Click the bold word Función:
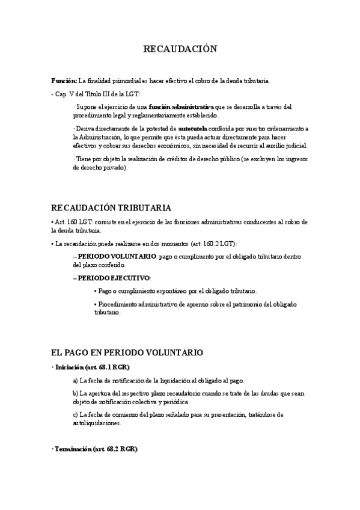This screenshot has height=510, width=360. [x=64, y=81]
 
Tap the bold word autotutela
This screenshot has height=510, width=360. [x=193, y=129]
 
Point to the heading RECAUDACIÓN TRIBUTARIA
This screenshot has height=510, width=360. [x=111, y=208]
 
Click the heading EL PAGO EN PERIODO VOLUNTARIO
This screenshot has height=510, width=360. [x=127, y=352]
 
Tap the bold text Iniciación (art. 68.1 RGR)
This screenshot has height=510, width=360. [x=93, y=367]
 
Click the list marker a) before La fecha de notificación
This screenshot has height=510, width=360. [x=75, y=381]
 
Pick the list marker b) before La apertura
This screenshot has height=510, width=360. [x=75, y=393]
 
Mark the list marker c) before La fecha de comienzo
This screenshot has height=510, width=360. [x=75, y=415]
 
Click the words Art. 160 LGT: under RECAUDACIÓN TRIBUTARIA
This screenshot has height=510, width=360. [x=73, y=222]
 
